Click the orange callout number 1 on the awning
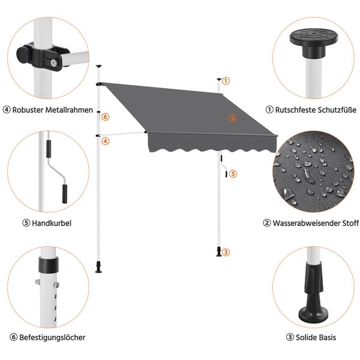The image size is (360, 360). (x=226, y=80)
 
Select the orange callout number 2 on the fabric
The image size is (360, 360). (x=232, y=118)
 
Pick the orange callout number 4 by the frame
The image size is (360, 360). (x=105, y=142)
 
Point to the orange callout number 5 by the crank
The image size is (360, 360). (x=233, y=174)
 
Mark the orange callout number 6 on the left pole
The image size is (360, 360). (x=105, y=117)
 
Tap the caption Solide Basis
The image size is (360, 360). (x=315, y=337)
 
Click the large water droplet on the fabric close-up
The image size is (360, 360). (x=310, y=175)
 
